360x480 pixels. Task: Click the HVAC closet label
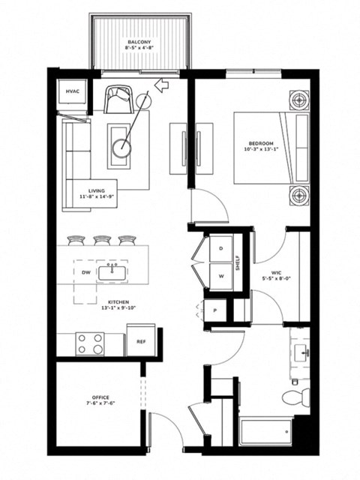point(73,91)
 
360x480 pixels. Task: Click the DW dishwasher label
point(86,272)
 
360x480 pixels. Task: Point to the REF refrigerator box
point(140,340)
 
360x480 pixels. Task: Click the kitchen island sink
point(114,272)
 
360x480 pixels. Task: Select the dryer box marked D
point(221,248)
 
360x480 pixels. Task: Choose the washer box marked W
point(221,274)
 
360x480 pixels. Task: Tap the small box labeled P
point(215,310)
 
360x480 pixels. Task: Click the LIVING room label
point(95,191)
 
